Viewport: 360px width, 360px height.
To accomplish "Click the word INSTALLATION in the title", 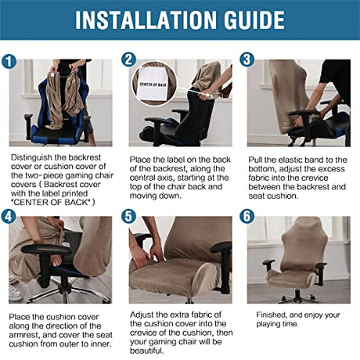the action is (146, 20).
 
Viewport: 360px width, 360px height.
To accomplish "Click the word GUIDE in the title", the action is (254, 20).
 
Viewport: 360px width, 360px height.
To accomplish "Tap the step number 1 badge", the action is (9, 62).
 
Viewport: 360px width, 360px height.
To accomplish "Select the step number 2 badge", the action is (128, 59).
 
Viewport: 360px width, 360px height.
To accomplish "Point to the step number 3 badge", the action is (247, 59).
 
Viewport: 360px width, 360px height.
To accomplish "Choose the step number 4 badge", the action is (9, 217).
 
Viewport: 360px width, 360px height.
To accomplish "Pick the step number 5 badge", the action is (128, 217).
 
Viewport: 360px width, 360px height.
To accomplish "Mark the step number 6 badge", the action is (247, 217).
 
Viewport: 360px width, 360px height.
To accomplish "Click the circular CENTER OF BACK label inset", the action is (154, 84).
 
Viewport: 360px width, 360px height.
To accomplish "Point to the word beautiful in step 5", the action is (147, 351).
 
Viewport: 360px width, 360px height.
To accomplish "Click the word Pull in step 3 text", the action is (254, 160).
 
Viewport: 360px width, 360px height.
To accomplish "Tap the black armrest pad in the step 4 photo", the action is (45, 249).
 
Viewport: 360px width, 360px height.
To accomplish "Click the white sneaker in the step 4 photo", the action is (14, 291).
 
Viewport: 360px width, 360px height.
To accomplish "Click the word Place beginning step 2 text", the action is (140, 160).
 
